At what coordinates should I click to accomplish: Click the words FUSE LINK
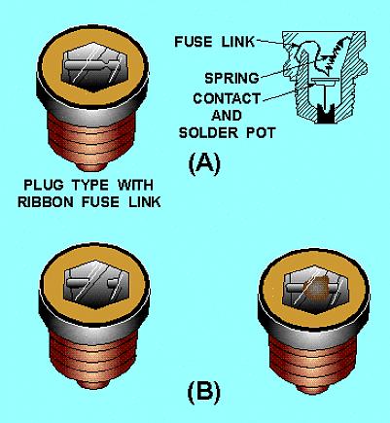click(x=214, y=42)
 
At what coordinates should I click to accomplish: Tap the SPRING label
click(x=231, y=78)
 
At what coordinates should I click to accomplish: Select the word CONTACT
click(x=227, y=98)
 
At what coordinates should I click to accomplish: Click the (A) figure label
click(x=204, y=163)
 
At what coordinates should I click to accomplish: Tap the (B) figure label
click(x=203, y=392)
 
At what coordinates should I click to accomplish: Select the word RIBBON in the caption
click(x=45, y=202)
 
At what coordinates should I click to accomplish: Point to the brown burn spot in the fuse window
click(x=315, y=288)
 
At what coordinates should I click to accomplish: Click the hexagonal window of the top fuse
click(x=94, y=67)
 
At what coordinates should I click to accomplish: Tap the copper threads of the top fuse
click(x=90, y=139)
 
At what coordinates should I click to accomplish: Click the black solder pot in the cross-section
click(x=326, y=114)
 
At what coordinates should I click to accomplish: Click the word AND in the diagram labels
click(x=227, y=116)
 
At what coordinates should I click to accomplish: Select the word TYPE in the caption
click(x=90, y=185)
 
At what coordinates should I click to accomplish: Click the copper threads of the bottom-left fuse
click(x=93, y=357)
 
